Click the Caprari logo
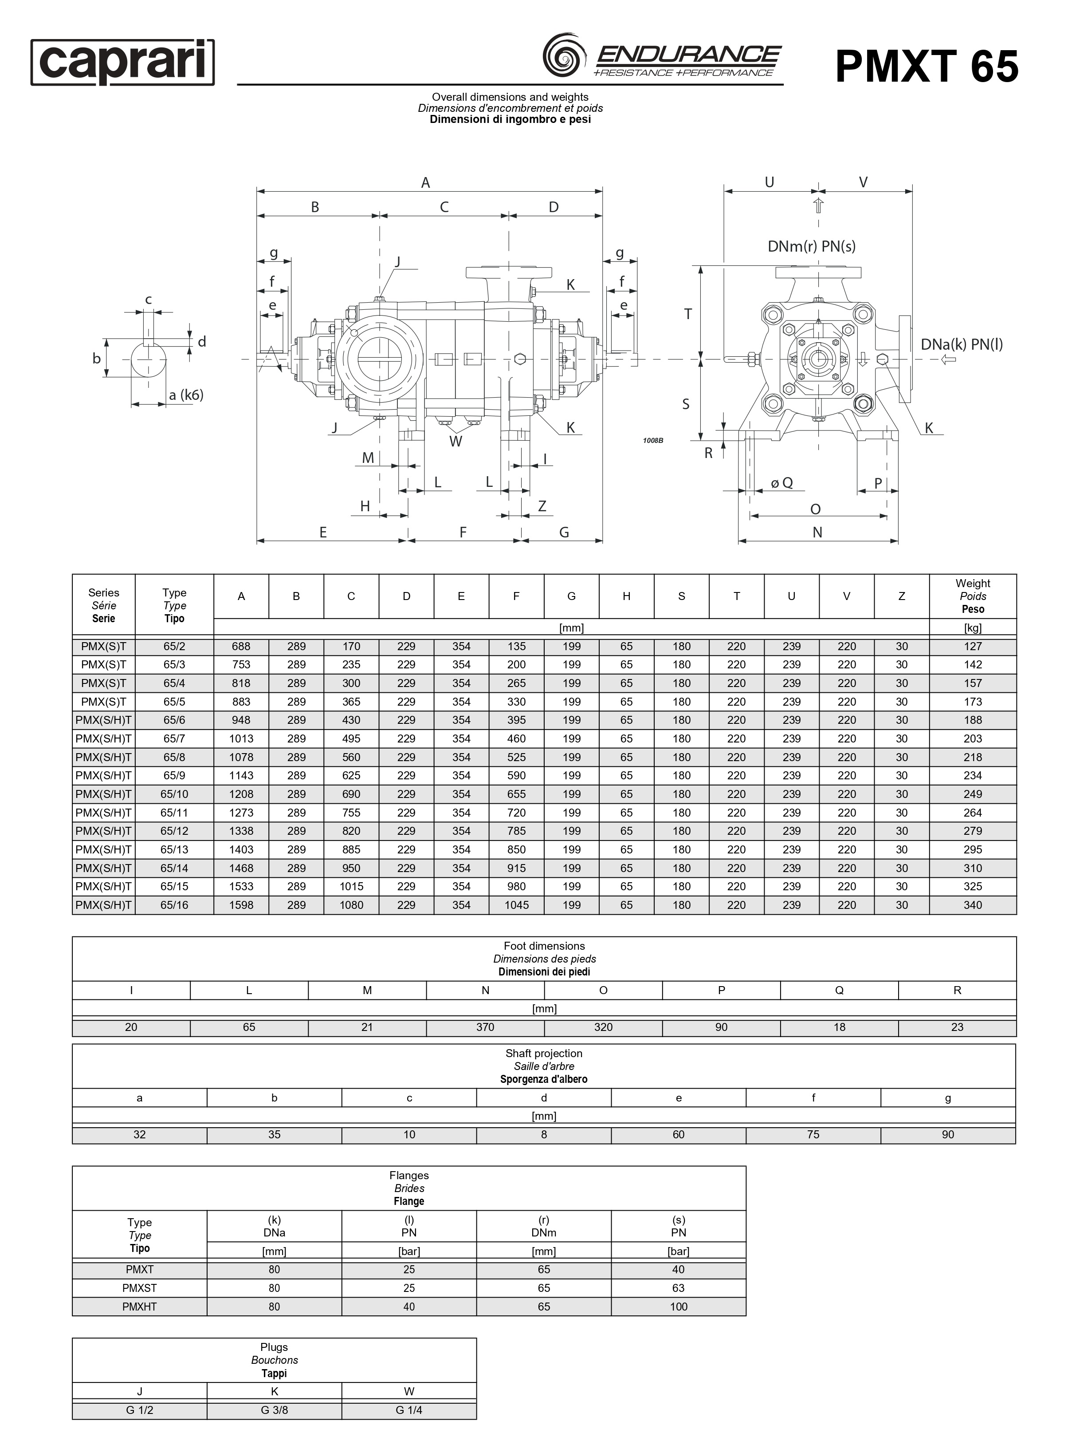pos(123,62)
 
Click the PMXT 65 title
pos(927,67)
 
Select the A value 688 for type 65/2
pos(241,646)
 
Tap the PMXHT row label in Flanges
pos(140,1306)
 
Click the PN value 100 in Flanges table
pos(678,1306)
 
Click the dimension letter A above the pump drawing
pos(425,183)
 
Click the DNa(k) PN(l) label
pos(962,344)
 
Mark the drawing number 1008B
pos(653,441)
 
